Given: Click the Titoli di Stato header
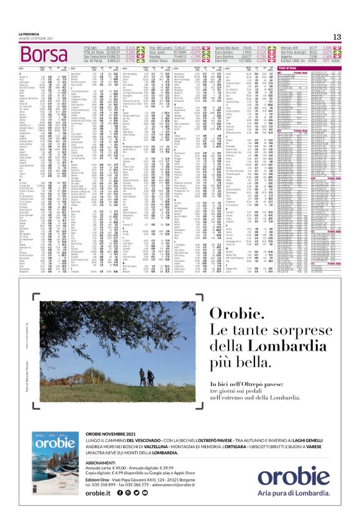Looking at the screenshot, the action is (x=304, y=68).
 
